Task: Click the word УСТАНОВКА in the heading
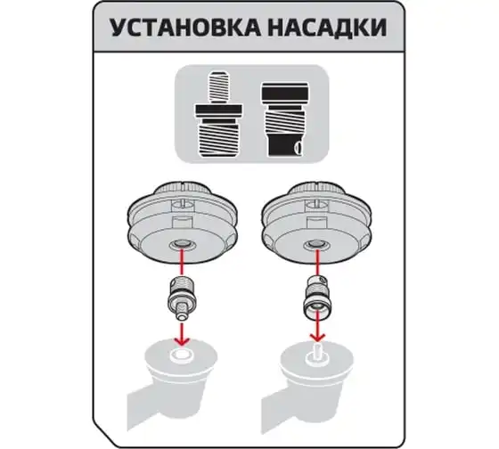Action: pyautogui.click(x=185, y=28)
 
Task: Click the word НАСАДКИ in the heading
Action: pyautogui.click(x=327, y=28)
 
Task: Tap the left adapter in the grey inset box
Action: pyautogui.click(x=218, y=114)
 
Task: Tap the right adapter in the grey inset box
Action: pyautogui.click(x=285, y=119)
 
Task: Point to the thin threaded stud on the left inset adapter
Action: pyautogui.click(x=218, y=87)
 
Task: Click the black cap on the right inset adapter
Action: pyautogui.click(x=285, y=91)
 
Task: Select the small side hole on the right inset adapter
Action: pyautogui.click(x=298, y=148)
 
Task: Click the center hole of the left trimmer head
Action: pyautogui.click(x=182, y=245)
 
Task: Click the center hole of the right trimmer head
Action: pyautogui.click(x=316, y=245)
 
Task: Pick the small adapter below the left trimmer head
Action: pyautogui.click(x=182, y=298)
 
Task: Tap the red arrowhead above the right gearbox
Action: pyautogui.click(x=317, y=338)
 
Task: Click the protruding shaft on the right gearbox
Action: pyautogui.click(x=317, y=351)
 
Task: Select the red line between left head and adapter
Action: pyautogui.click(x=182, y=263)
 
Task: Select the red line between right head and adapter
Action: pyautogui.click(x=316, y=262)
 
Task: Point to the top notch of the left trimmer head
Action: pyautogui.click(x=183, y=185)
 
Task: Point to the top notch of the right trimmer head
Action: pyautogui.click(x=316, y=185)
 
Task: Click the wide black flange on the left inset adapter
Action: pyautogui.click(x=218, y=110)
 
